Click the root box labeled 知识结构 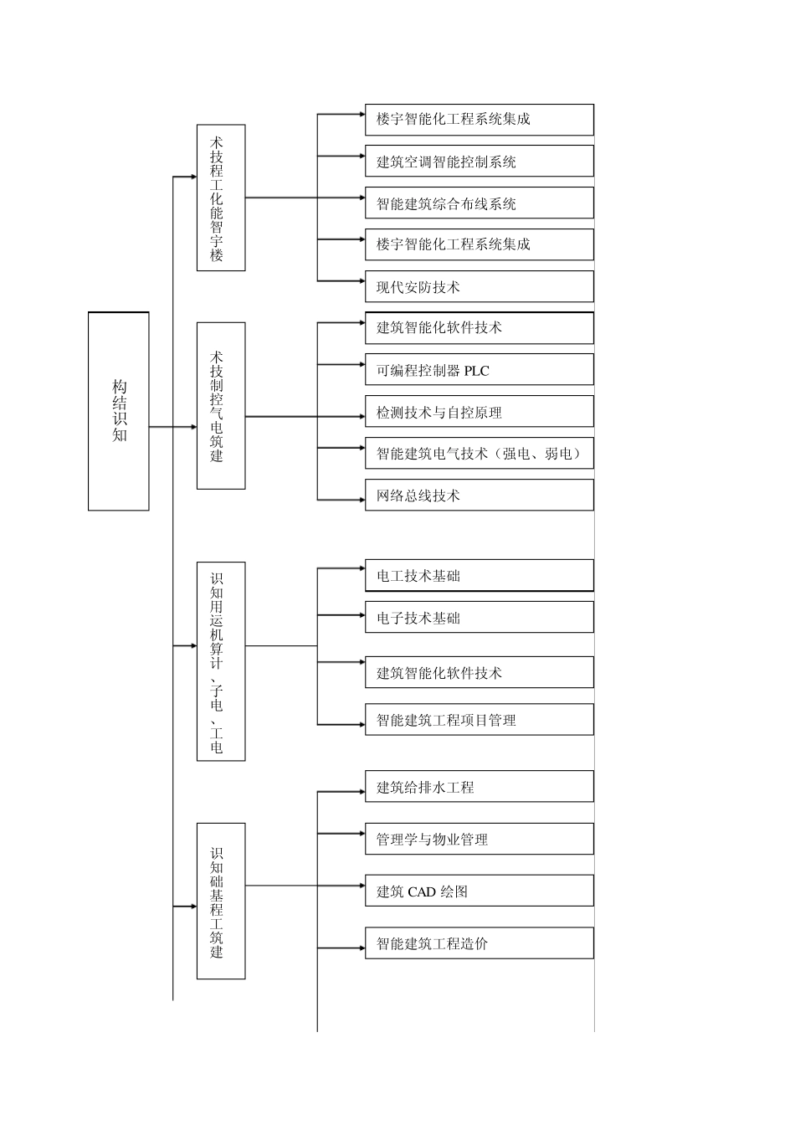[119, 411]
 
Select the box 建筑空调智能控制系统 [479, 162]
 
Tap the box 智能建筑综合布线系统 [479, 203]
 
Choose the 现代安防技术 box [479, 287]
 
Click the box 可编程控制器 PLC [479, 370]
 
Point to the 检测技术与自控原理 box [479, 412]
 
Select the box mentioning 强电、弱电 [479, 453]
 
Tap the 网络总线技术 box [479, 496]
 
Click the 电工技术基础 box [479, 576]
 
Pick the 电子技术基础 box [479, 618]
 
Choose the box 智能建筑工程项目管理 [479, 720]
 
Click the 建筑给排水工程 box [479, 787]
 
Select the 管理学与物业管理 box [479, 839]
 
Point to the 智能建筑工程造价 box [479, 943]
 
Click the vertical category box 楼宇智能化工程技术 [221, 198]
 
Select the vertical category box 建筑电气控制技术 [221, 406]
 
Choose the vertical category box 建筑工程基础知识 [221, 901]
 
